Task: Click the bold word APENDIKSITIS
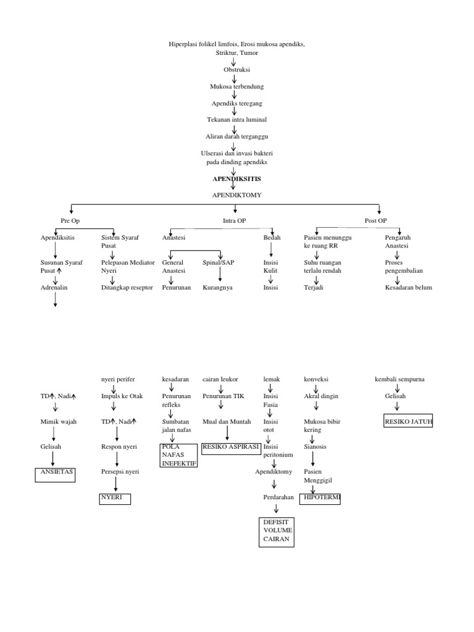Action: (x=236, y=178)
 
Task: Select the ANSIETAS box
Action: (x=54, y=474)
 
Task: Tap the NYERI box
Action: (x=115, y=499)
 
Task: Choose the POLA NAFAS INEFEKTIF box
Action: (x=179, y=455)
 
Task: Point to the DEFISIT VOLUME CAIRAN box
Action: (x=276, y=531)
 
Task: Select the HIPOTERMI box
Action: (x=321, y=498)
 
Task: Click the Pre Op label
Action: (x=70, y=220)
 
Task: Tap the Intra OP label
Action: (x=235, y=220)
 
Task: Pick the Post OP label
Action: (x=376, y=220)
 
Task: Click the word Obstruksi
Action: (x=236, y=70)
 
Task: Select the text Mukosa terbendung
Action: (x=236, y=86)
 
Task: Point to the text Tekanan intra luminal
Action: (x=236, y=118)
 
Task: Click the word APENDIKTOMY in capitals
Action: (x=236, y=194)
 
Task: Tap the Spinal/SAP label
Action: (x=218, y=262)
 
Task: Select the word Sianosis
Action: (x=316, y=446)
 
